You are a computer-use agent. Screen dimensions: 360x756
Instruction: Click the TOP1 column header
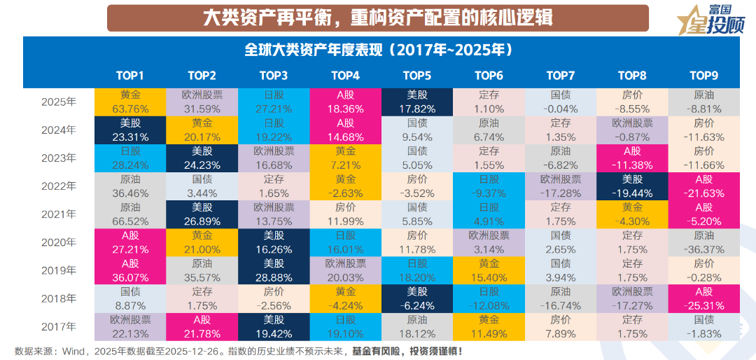130,76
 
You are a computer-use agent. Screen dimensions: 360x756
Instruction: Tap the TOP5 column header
417,76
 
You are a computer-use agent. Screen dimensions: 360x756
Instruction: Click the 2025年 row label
59,102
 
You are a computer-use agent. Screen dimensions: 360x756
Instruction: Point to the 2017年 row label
59,326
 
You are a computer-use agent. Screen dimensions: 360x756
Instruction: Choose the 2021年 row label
59,214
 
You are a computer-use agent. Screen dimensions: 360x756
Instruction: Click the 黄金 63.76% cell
130,102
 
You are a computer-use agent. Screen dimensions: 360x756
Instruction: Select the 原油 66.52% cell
130,214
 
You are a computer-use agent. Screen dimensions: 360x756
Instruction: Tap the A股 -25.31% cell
704,298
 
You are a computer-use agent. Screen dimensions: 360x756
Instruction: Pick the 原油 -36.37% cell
704,242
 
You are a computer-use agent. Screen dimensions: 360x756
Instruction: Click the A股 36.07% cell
130,270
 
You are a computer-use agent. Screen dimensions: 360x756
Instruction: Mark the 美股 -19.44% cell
633,186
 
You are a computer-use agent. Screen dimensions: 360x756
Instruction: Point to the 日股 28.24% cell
130,158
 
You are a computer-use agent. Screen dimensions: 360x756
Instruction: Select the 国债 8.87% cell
130,298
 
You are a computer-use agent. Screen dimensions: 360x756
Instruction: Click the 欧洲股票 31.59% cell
202,102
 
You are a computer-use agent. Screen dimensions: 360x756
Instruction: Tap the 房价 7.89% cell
561,326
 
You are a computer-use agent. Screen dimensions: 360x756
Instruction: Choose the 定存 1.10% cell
489,102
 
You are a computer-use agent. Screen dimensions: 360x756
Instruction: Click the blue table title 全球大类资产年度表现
378,50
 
